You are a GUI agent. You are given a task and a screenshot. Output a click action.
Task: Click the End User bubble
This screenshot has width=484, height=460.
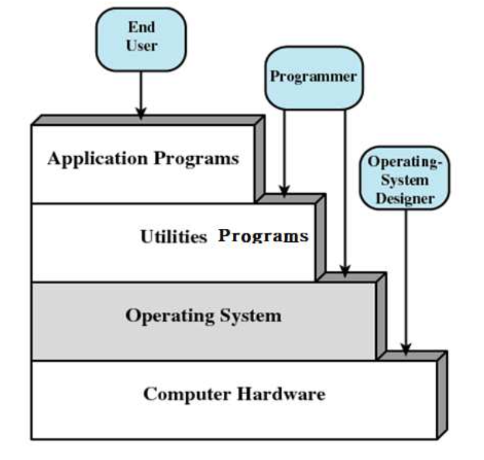141,36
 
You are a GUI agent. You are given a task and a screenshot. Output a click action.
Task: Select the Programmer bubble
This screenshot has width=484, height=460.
313,78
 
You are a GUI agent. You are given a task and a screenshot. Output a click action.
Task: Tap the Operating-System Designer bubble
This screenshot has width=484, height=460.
405,179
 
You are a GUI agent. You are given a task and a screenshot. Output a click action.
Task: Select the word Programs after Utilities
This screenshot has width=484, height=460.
263,235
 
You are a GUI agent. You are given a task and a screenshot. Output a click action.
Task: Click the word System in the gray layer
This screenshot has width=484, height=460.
250,315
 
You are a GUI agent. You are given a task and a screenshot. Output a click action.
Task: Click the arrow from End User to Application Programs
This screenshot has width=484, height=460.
141,91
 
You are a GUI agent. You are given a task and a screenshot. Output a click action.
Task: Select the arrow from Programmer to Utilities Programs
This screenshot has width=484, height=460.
284,151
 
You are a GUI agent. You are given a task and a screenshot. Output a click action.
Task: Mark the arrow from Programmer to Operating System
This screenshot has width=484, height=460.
345,188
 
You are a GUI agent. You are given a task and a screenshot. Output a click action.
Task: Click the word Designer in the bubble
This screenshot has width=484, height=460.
405,197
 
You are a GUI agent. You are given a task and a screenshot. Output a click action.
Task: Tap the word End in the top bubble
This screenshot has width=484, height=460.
141,27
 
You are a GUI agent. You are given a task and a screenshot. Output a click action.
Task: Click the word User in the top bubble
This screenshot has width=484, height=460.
141,45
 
